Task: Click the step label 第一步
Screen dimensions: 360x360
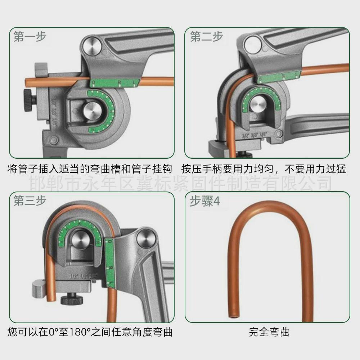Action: [x=30, y=37]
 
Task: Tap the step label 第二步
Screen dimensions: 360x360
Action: [x=206, y=37]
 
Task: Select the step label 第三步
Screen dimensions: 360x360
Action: [x=30, y=201]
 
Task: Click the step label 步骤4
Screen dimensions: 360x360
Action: [x=204, y=201]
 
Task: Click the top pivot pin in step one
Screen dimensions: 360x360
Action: [x=91, y=45]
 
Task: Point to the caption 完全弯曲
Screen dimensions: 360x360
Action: [x=269, y=332]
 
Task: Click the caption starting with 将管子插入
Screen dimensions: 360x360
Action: [x=90, y=168]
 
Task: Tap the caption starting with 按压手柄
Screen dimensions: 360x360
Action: [x=264, y=168]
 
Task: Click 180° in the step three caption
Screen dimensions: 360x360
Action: [x=77, y=332]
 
